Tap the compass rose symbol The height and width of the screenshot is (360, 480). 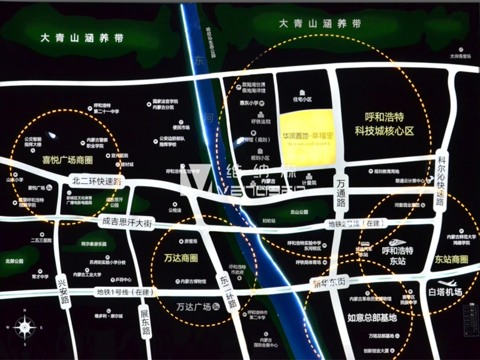(24, 328)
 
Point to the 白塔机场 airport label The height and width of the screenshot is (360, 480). (445, 292)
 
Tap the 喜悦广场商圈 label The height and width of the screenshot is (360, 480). (67, 160)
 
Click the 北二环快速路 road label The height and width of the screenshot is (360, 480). (96, 180)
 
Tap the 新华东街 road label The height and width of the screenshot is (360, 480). (329, 282)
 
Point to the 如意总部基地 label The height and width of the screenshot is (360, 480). (372, 317)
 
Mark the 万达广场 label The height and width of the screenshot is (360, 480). (193, 307)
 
